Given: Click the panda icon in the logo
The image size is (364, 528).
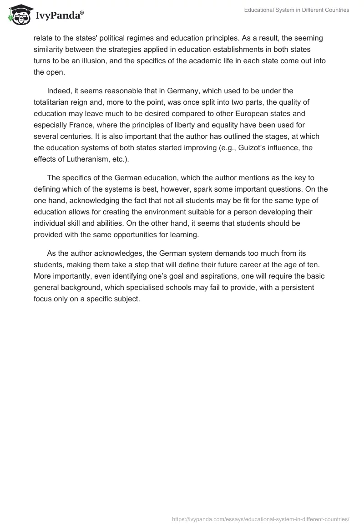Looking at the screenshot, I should tap(19, 15).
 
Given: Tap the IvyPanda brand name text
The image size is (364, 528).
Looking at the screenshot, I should tap(59, 16).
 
